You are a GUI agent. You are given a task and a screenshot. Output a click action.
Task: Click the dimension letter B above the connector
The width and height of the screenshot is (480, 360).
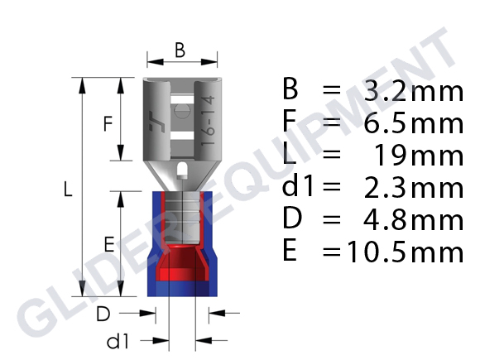click(x=180, y=50)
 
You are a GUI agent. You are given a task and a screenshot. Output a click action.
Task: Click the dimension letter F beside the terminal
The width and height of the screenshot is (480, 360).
click(x=108, y=123)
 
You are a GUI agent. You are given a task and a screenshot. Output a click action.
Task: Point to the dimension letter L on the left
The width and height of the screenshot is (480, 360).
click(x=68, y=189)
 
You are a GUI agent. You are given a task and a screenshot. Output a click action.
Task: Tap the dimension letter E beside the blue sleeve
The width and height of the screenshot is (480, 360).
click(x=109, y=244)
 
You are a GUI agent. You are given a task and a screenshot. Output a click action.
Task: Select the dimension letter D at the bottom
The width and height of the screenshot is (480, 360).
click(x=103, y=314)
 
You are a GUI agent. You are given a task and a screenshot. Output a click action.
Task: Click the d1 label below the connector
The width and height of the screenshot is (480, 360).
click(x=118, y=341)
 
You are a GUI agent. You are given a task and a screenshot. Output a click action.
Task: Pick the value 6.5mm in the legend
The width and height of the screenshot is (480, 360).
click(x=414, y=123)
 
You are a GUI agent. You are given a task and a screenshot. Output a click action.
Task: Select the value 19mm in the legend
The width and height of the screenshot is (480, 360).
click(x=419, y=156)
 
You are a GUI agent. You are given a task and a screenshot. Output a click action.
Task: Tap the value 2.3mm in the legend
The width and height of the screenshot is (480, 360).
click(x=414, y=188)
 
